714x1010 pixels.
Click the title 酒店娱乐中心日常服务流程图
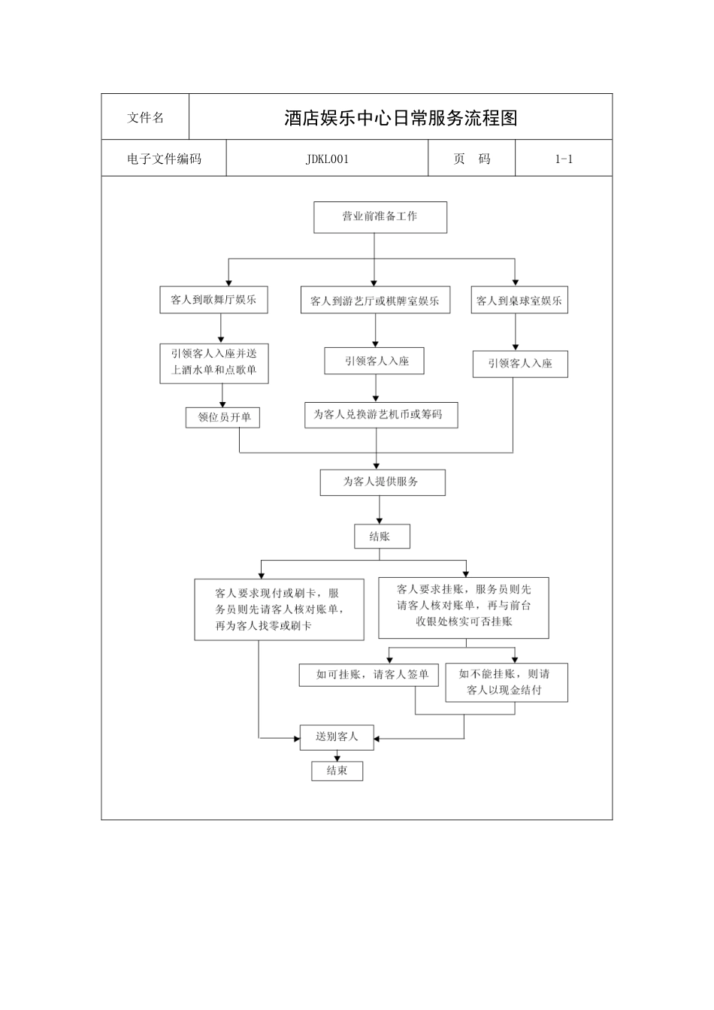pyautogui.click(x=401, y=118)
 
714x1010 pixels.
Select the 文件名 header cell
pyautogui.click(x=145, y=117)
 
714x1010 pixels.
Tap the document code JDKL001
pyautogui.click(x=327, y=159)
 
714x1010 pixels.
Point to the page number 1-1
pyautogui.click(x=564, y=159)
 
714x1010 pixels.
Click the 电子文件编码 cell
pyautogui.click(x=164, y=159)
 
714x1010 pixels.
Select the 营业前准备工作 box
pyautogui.click(x=380, y=216)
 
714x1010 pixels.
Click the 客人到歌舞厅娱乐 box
pyautogui.click(x=213, y=300)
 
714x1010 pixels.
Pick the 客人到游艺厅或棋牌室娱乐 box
pyautogui.click(x=375, y=301)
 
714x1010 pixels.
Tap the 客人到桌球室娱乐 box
pyautogui.click(x=519, y=301)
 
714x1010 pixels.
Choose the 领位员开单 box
pyautogui.click(x=223, y=417)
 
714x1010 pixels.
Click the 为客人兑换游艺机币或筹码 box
pyautogui.click(x=380, y=415)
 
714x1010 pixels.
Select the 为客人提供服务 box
pyautogui.click(x=382, y=482)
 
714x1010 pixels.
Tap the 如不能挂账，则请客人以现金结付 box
pyautogui.click(x=506, y=682)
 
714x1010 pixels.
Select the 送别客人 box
pyautogui.click(x=337, y=737)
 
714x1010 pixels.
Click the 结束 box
pyautogui.click(x=337, y=771)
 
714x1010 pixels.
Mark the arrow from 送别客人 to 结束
pyautogui.click(x=337, y=755)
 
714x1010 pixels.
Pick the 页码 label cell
pyautogui.click(x=471, y=159)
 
